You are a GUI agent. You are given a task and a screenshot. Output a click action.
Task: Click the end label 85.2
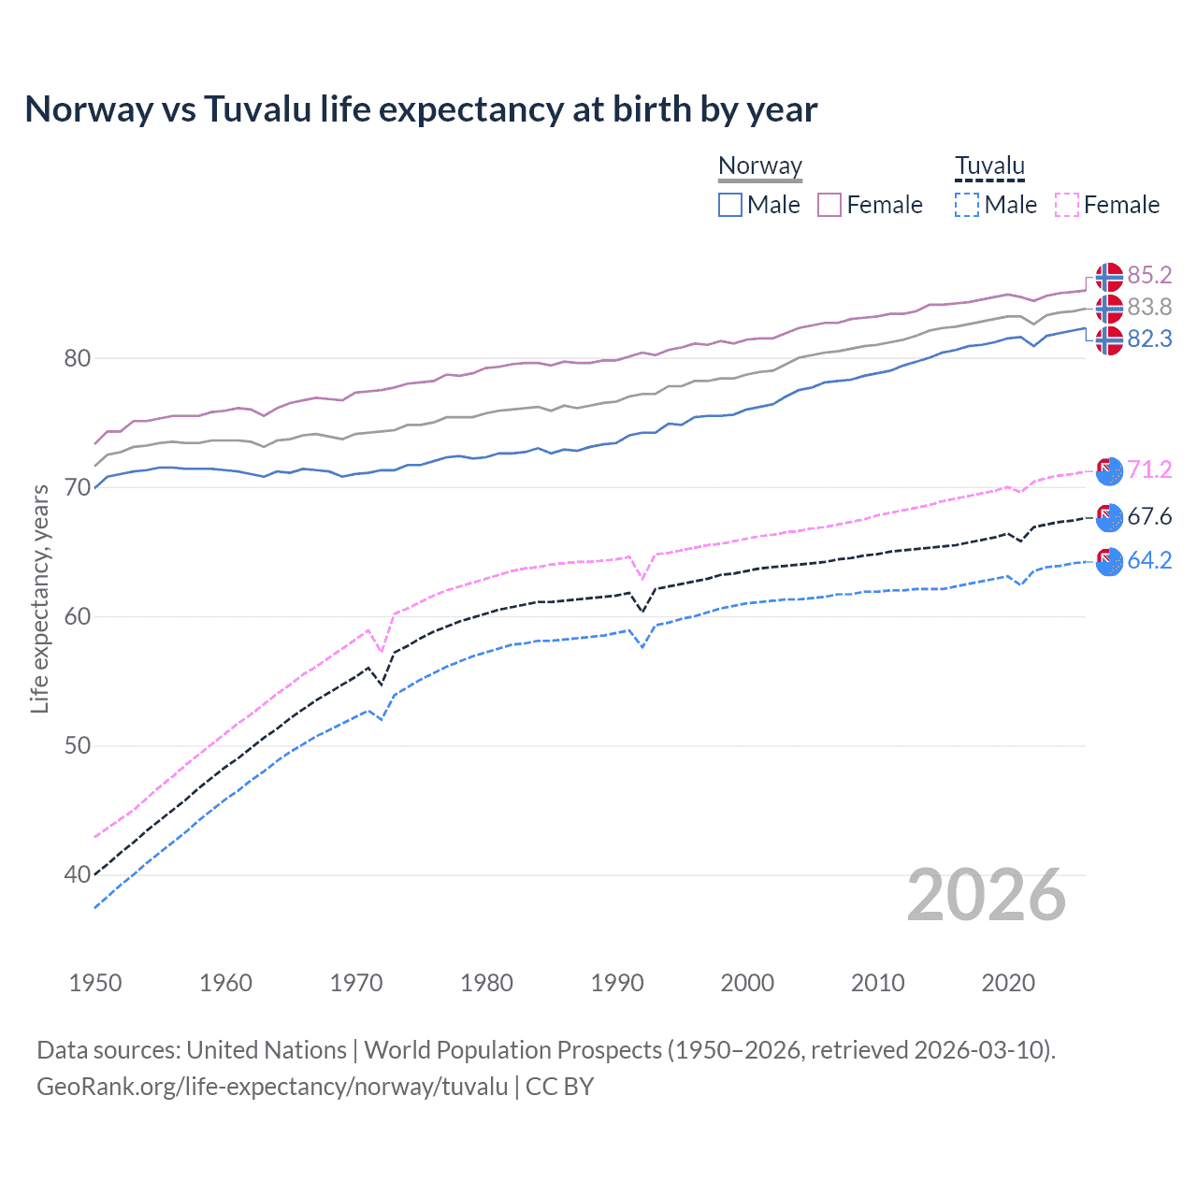[x=1149, y=275]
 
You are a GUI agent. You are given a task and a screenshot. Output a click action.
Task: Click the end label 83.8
[x=1149, y=307]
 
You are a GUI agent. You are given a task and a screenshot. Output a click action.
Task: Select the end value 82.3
[x=1149, y=339]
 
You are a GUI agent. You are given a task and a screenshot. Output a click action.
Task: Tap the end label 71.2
[x=1149, y=469]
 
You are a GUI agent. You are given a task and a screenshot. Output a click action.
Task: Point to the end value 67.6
[x=1149, y=516]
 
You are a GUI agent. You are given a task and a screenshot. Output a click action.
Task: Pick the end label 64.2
[x=1149, y=560]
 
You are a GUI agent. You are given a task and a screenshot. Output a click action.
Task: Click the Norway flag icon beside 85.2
[x=1109, y=277]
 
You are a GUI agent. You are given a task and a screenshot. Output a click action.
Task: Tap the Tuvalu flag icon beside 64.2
[x=1109, y=561]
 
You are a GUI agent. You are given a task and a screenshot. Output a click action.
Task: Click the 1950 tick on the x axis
[x=95, y=983]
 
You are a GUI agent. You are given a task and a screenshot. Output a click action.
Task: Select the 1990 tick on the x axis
[x=617, y=983]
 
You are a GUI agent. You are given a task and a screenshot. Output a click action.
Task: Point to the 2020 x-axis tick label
[x=1008, y=983]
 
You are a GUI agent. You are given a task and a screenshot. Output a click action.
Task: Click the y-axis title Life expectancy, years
[x=39, y=598]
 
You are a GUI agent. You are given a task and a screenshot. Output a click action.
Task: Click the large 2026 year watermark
[x=986, y=896]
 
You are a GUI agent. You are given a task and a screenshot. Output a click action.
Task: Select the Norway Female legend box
[x=829, y=205]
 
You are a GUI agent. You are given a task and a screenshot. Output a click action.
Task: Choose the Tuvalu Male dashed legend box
[x=967, y=205]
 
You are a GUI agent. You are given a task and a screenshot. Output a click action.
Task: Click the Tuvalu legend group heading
[x=989, y=166]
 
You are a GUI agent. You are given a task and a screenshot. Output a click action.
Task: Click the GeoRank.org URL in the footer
[x=272, y=1087]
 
